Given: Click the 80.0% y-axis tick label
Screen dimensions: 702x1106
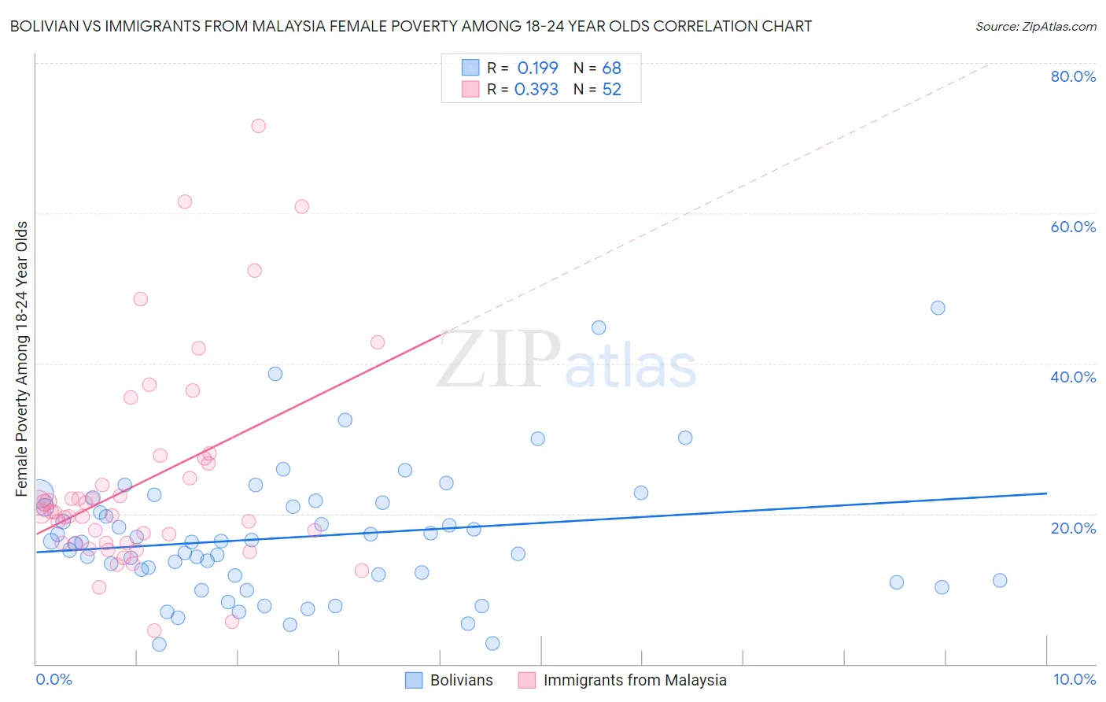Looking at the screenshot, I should click(x=1073, y=76).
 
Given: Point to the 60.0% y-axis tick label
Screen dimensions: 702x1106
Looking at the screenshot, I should click(x=1073, y=227).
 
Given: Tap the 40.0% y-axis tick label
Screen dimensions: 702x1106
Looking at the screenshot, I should click(x=1073, y=377).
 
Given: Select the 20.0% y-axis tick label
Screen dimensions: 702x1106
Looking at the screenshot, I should click(x=1073, y=528).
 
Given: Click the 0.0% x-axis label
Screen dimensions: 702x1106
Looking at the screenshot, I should click(x=53, y=679).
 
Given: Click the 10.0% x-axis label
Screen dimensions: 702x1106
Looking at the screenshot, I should click(x=1074, y=679).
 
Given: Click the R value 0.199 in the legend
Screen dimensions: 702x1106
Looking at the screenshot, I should click(x=537, y=68).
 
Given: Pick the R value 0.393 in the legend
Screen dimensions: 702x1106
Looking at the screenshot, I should click(x=536, y=90).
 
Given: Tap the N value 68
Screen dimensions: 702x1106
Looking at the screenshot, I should click(x=611, y=68).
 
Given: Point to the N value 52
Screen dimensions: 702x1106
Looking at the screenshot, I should click(x=611, y=90).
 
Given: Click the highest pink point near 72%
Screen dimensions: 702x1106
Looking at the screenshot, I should click(x=258, y=126).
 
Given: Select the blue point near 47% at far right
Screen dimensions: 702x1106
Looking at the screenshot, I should click(x=938, y=308).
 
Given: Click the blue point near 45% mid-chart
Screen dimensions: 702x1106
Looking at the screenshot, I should click(x=599, y=327).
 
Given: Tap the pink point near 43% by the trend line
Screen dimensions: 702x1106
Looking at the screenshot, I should click(x=378, y=342).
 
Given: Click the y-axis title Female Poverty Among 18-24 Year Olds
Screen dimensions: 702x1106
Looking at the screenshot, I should click(x=22, y=359).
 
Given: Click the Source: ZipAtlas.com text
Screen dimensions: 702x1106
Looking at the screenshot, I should click(x=1035, y=27).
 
